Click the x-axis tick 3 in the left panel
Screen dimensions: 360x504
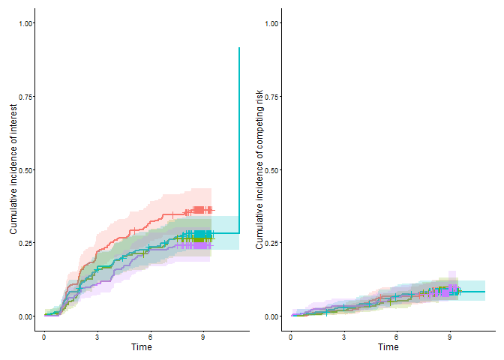pyautogui.click(x=97, y=337)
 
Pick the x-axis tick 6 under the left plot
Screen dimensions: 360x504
pyautogui.click(x=150, y=337)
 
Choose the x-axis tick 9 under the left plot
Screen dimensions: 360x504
pyautogui.click(x=203, y=337)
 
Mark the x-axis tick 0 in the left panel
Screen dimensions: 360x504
pyautogui.click(x=44, y=337)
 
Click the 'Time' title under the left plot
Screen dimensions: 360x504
pyautogui.click(x=142, y=348)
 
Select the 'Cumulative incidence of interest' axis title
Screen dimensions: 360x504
pyautogui.click(x=13, y=169)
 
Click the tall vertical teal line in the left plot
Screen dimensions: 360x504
pyautogui.click(x=239, y=135)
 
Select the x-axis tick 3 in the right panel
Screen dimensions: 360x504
pyautogui.click(x=343, y=337)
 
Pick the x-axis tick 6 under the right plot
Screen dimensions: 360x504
pyautogui.click(x=397, y=337)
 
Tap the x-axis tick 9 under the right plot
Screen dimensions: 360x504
pyautogui.click(x=449, y=337)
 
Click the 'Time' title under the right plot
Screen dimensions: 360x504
pyautogui.click(x=388, y=348)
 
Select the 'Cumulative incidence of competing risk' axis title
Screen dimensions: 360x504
pyautogui.click(x=259, y=169)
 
